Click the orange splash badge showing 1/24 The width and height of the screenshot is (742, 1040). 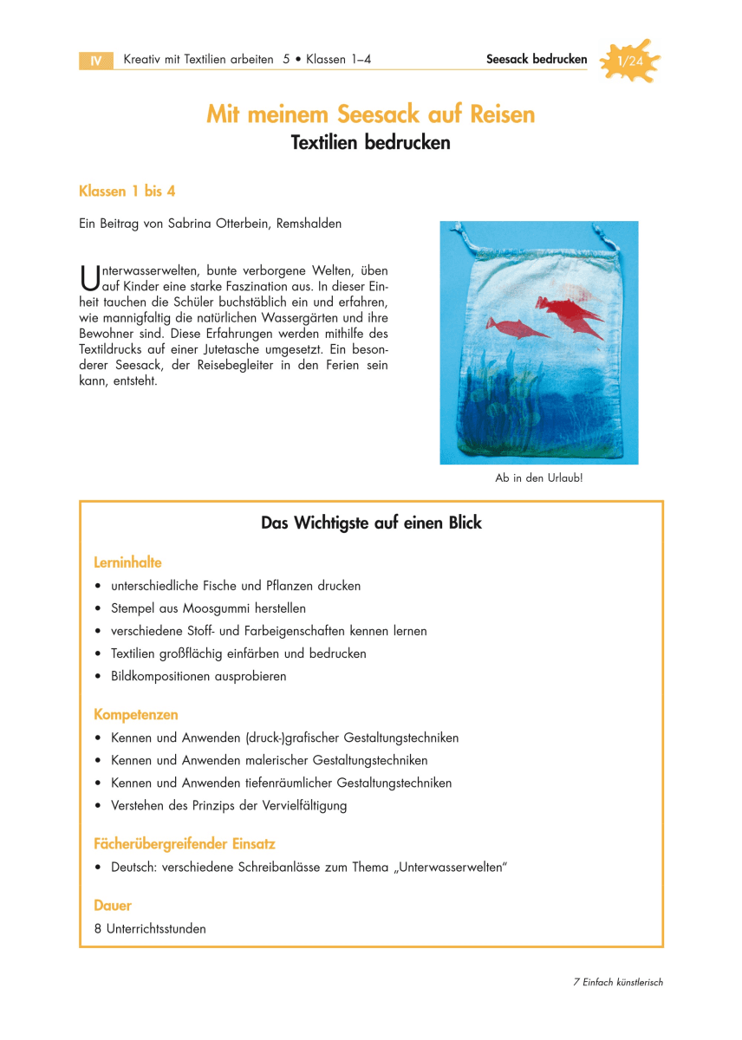630,61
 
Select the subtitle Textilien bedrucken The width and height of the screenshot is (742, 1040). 371,143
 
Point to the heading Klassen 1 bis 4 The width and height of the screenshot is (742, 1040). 127,191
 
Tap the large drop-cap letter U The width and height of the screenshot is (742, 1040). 88,278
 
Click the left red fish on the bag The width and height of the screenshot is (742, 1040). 512,328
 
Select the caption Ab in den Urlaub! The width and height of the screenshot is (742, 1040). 538,478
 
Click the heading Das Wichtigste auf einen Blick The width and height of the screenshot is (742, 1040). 371,523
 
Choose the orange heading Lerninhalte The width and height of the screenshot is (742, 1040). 127,562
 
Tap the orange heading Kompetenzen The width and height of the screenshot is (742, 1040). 136,715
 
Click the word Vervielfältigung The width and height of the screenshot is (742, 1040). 296,805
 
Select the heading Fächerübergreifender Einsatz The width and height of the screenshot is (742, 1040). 185,843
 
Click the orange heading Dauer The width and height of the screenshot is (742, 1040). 113,906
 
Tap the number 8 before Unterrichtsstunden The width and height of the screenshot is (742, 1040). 98,928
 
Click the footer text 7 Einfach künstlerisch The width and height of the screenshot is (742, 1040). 618,983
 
